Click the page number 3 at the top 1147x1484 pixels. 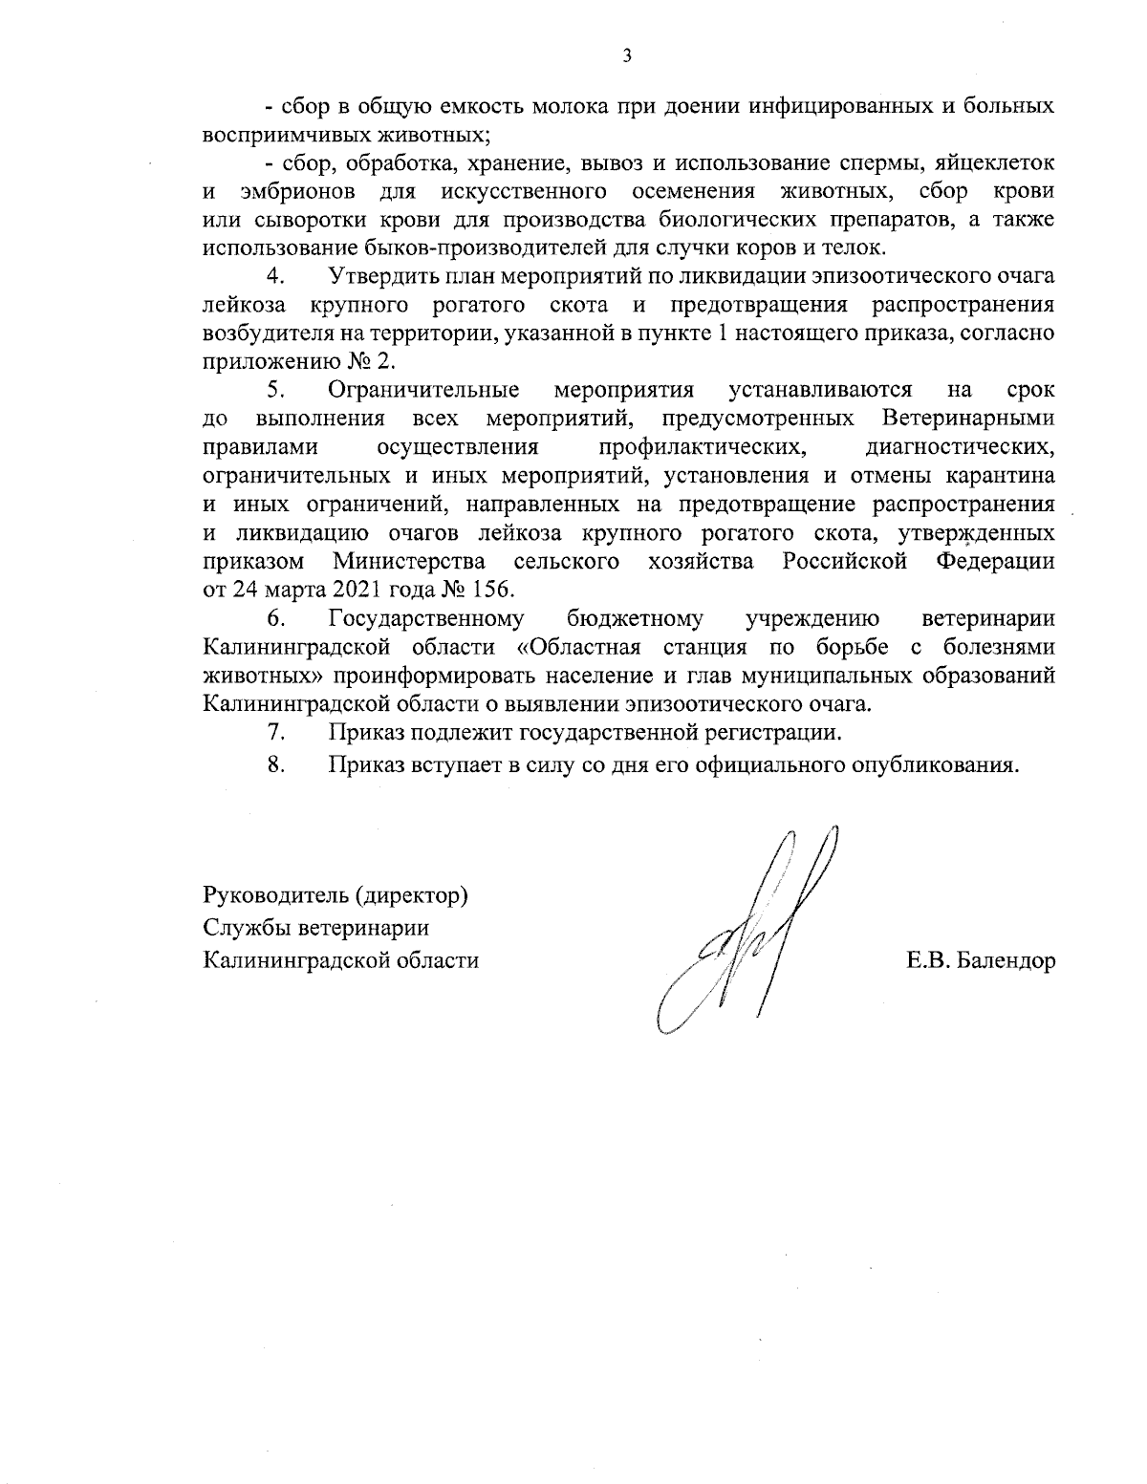coord(627,55)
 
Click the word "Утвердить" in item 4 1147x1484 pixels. coord(377,277)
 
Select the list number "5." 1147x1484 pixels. coord(277,391)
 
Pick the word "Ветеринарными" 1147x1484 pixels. coord(968,419)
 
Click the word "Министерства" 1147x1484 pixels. coord(408,560)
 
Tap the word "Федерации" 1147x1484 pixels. coord(994,560)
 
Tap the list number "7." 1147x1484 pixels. coord(277,733)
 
